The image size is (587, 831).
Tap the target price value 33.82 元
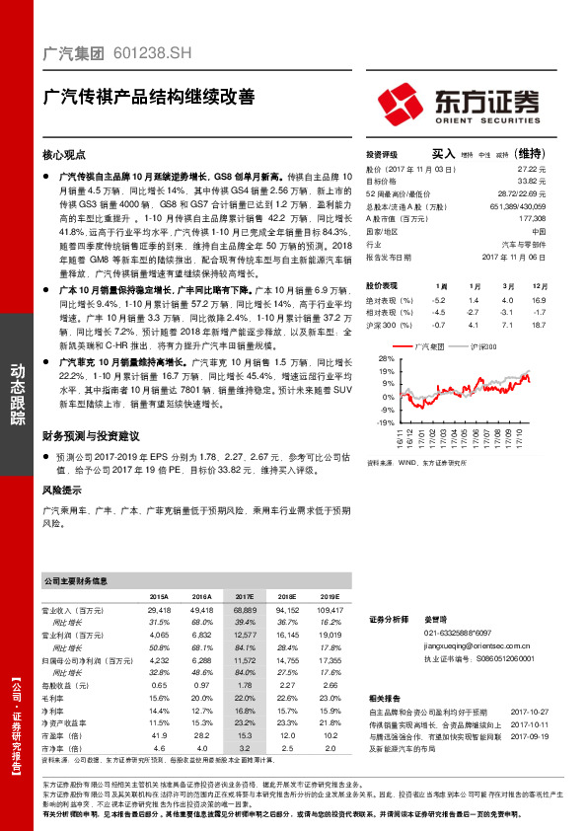pyautogui.click(x=532, y=182)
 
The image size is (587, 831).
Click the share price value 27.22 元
pyautogui.click(x=532, y=170)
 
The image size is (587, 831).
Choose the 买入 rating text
pyautogui.click(x=443, y=154)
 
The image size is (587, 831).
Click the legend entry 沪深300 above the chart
pyautogui.click(x=483, y=346)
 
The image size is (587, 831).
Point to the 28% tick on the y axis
pyautogui.click(x=386, y=358)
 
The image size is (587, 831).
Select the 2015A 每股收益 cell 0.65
pyautogui.click(x=159, y=685)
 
